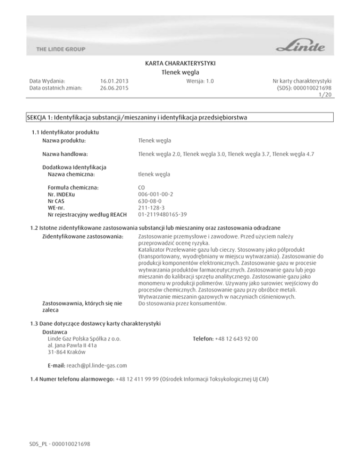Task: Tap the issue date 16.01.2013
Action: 115,81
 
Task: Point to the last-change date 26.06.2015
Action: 115,88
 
